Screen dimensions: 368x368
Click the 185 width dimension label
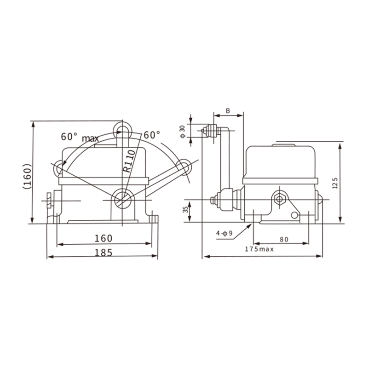(103, 253)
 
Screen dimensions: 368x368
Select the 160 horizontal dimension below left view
(103, 238)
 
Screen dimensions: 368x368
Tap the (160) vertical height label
(27, 176)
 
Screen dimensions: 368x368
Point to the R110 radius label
(129, 161)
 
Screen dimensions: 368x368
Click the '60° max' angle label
(80, 137)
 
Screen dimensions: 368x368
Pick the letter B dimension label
(228, 111)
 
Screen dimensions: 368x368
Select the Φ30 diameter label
(183, 132)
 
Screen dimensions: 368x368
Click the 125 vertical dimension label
(335, 183)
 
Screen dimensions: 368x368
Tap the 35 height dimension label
(186, 210)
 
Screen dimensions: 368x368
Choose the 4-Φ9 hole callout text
(224, 233)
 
